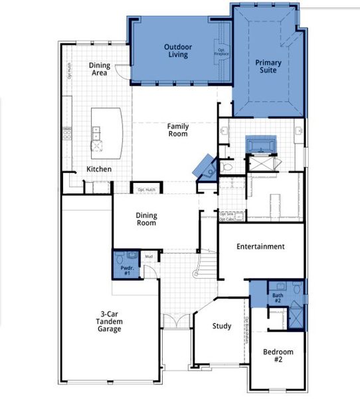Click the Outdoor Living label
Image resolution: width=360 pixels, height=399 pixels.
pyautogui.click(x=177, y=51)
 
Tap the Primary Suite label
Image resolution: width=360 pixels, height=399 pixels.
pyautogui.click(x=268, y=66)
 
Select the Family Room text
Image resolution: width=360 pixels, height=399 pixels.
pyautogui.click(x=177, y=130)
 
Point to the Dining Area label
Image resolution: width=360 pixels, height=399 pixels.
pyautogui.click(x=100, y=69)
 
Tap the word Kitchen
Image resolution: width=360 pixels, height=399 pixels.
pyautogui.click(x=99, y=170)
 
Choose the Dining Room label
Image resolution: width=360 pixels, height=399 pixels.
pyautogui.click(x=146, y=219)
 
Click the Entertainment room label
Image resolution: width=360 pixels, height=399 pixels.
pyautogui.click(x=260, y=247)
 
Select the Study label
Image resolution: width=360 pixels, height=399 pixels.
pyautogui.click(x=222, y=326)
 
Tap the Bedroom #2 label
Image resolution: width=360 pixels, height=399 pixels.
pyautogui.click(x=278, y=356)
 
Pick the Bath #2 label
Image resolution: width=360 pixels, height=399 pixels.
pyautogui.click(x=278, y=298)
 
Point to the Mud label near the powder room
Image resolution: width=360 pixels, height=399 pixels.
pyautogui.click(x=149, y=257)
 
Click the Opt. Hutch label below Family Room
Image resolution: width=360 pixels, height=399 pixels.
pyautogui.click(x=145, y=190)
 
